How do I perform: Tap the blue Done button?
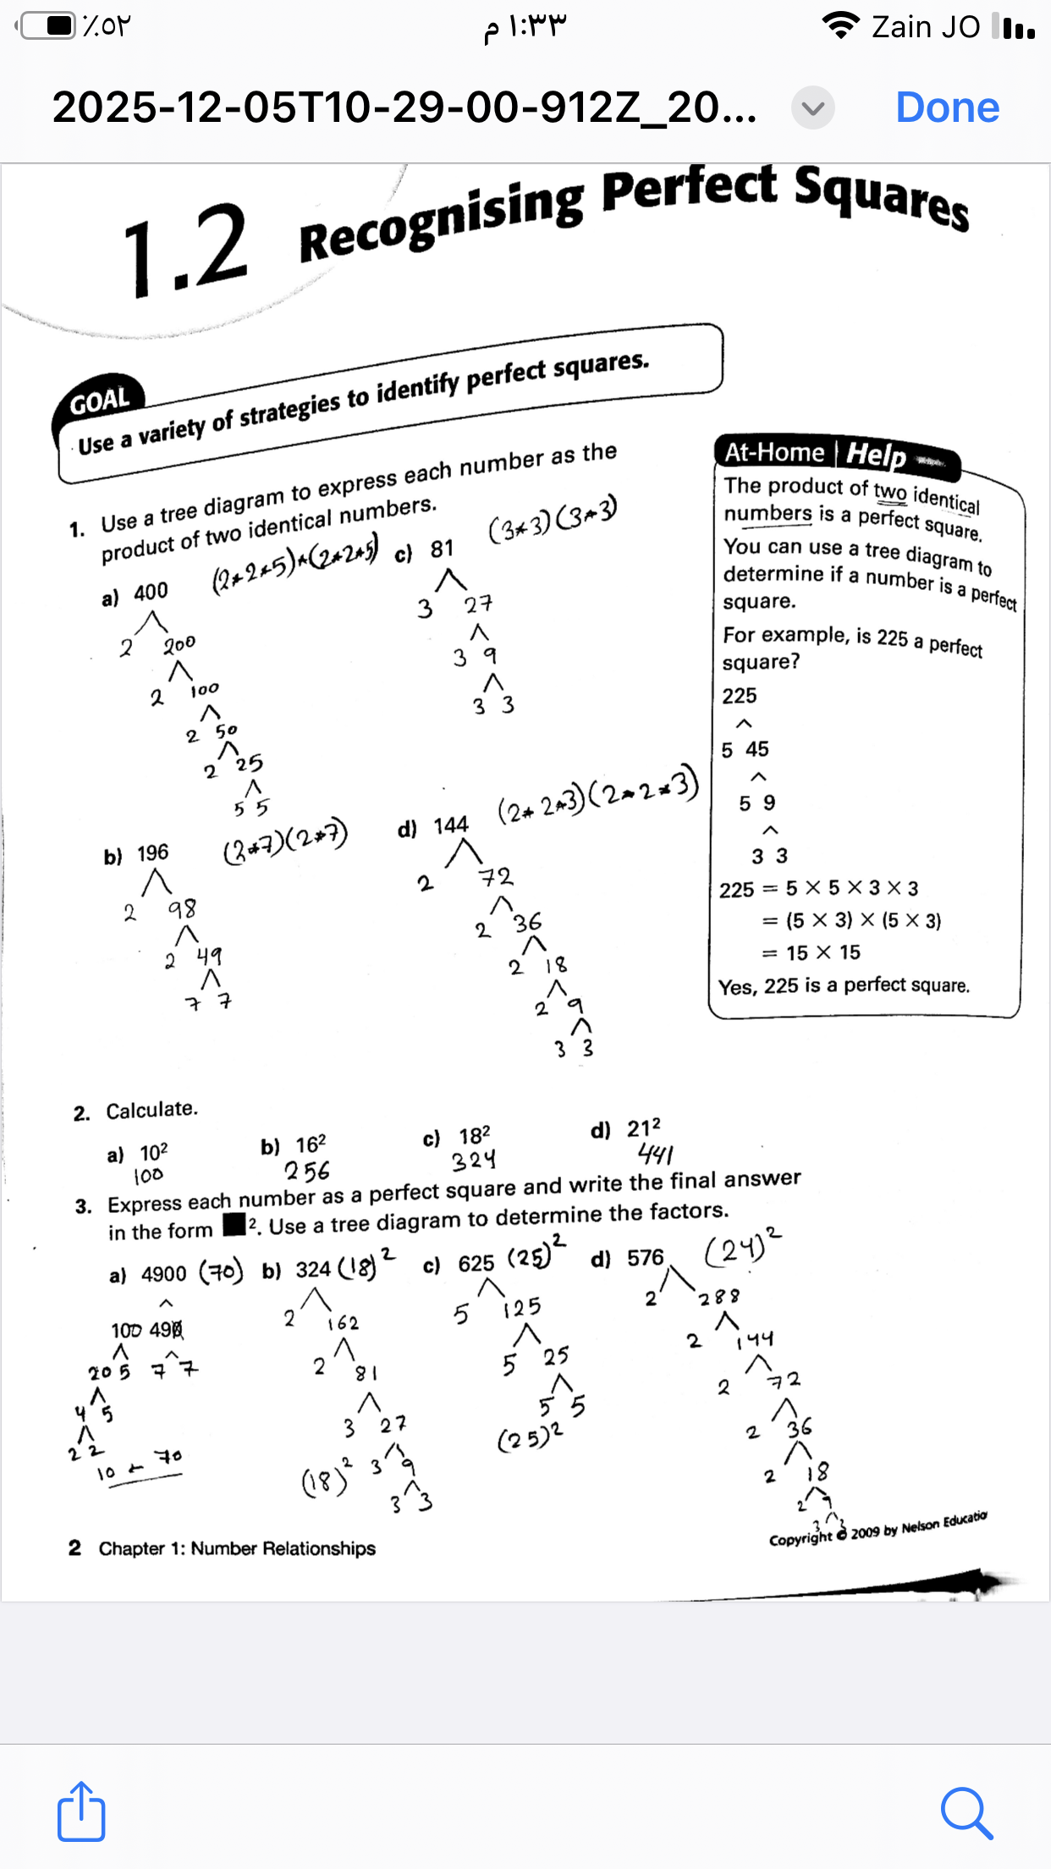click(x=947, y=108)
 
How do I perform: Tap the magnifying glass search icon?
click(x=966, y=1813)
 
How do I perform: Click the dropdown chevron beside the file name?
click(x=812, y=108)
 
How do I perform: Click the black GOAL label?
click(x=99, y=401)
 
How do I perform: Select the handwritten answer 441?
click(x=655, y=1154)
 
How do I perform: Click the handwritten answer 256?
click(x=306, y=1172)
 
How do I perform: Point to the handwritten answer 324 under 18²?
click(x=474, y=1161)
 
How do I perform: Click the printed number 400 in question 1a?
click(x=151, y=592)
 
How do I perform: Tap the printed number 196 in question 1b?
click(x=152, y=852)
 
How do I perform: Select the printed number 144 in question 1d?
click(x=450, y=825)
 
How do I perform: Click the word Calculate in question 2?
click(x=151, y=1110)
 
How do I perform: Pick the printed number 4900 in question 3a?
click(x=163, y=1274)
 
